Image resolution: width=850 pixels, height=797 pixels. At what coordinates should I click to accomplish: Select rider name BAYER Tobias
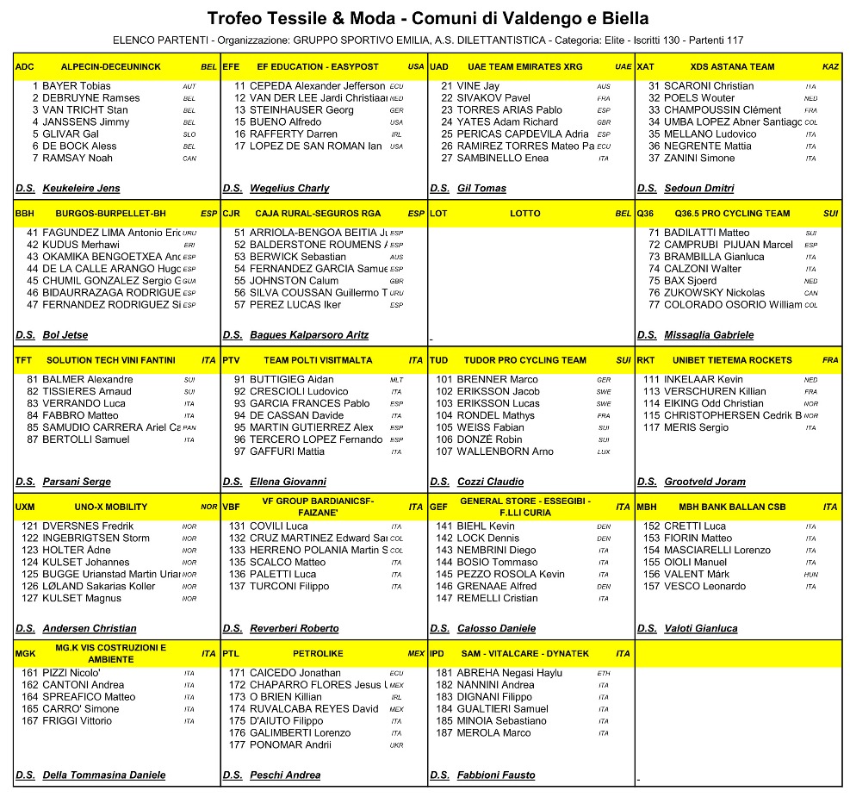[77, 86]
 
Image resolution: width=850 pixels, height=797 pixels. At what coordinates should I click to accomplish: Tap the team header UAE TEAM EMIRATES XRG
[525, 66]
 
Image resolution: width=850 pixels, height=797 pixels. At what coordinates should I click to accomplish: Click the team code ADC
[25, 66]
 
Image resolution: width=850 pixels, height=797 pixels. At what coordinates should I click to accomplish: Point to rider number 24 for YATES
[446, 122]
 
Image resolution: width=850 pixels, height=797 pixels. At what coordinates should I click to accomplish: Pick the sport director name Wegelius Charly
[289, 188]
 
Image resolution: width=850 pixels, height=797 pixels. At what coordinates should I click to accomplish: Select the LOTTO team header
[525, 214]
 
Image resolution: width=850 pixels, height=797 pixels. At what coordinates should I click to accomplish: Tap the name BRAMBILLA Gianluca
[714, 257]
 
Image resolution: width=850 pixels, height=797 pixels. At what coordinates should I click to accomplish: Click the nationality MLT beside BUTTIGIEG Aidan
[396, 380]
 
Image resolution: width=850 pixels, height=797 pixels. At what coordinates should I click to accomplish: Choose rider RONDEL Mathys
[496, 415]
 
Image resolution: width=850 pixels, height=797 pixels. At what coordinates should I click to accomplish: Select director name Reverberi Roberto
[295, 628]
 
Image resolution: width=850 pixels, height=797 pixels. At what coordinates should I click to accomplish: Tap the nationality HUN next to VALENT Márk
[810, 575]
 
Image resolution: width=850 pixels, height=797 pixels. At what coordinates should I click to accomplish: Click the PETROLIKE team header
[318, 654]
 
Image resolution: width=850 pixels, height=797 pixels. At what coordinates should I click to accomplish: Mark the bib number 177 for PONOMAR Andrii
[237, 745]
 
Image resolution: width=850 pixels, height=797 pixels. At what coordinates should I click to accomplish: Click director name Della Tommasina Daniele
[103, 775]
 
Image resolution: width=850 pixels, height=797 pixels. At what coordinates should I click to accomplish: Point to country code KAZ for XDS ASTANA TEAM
[830, 66]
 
